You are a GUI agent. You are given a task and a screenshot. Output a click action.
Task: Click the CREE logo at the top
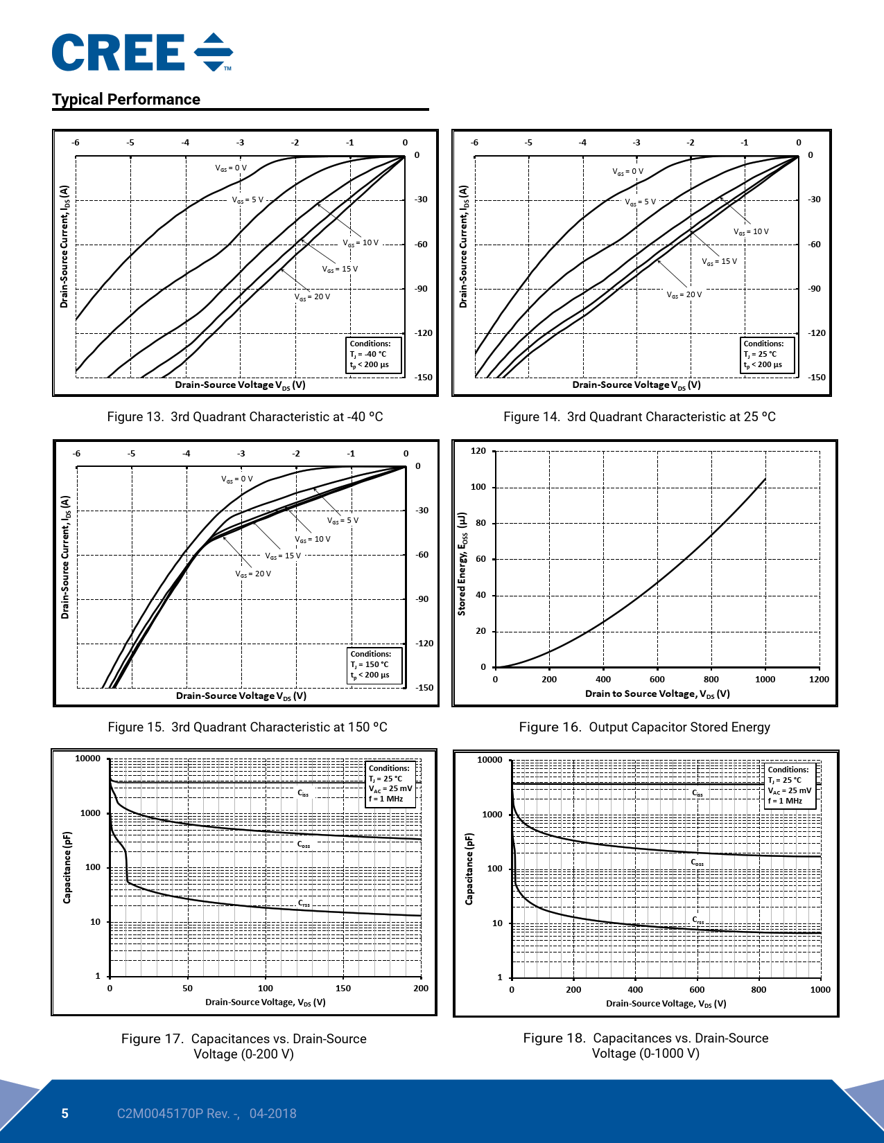[141, 53]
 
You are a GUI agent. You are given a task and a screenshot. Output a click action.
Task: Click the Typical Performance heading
[126, 100]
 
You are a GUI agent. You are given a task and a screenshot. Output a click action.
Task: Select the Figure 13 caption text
[245, 417]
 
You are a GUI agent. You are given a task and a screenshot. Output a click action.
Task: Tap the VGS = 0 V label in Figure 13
[231, 168]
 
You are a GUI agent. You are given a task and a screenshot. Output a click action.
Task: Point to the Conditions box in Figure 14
[768, 355]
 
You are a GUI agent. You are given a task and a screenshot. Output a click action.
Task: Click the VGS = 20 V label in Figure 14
[684, 295]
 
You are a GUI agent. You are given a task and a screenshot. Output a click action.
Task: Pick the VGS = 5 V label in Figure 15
[343, 521]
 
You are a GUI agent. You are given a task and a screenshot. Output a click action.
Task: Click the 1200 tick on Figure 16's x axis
[819, 680]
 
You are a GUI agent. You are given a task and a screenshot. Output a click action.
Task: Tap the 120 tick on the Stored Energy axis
[478, 451]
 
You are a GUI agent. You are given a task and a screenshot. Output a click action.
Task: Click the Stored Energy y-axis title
[462, 564]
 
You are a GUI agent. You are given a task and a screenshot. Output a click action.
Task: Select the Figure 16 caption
[644, 727]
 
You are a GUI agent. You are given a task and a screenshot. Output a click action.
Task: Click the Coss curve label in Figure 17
[304, 845]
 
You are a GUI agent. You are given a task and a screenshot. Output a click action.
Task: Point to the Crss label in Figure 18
[698, 920]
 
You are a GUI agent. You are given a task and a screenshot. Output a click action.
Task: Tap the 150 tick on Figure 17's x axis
[343, 989]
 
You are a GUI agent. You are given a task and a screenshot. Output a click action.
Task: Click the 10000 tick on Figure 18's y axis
[489, 760]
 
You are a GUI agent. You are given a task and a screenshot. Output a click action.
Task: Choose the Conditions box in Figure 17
[390, 783]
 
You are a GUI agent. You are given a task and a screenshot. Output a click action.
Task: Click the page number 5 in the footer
[65, 1114]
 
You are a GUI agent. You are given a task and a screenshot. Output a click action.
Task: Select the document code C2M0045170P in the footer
[159, 1114]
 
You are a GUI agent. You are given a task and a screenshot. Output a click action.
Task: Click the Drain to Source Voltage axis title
[657, 694]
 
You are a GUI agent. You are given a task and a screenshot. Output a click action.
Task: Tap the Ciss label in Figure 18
[697, 793]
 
